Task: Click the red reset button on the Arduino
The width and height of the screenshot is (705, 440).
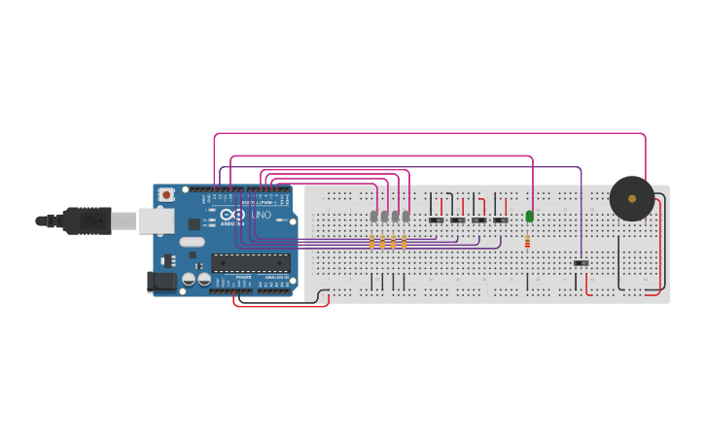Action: click(166, 194)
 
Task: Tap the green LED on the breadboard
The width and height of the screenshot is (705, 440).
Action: click(529, 217)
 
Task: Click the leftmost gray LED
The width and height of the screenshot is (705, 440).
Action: click(373, 216)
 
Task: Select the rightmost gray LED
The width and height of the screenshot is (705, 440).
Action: click(405, 216)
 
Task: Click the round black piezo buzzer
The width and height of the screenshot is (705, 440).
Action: click(632, 198)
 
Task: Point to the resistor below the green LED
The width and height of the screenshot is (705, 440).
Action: click(528, 242)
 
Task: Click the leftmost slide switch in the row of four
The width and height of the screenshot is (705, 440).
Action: click(436, 220)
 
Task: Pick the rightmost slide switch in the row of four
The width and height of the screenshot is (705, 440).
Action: click(500, 220)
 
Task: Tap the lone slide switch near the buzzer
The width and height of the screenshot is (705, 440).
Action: click(581, 263)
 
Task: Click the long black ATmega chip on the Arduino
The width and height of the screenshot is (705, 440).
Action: click(251, 262)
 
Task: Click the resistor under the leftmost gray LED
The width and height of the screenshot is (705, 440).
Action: click(371, 242)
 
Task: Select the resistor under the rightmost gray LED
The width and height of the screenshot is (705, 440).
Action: click(404, 242)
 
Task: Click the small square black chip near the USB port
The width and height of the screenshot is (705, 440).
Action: click(194, 224)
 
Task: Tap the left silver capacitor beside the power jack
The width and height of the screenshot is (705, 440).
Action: click(189, 280)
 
